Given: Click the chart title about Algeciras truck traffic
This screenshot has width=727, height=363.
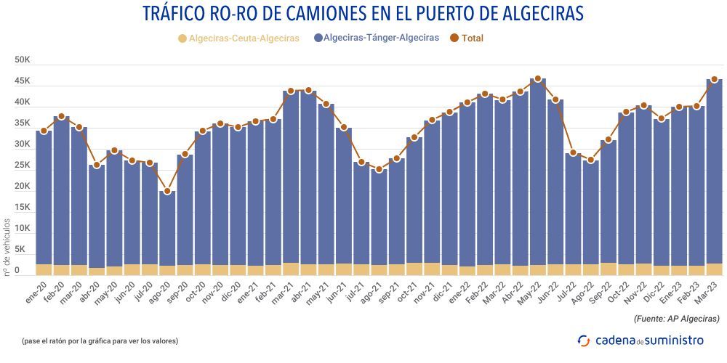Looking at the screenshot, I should pos(363,14).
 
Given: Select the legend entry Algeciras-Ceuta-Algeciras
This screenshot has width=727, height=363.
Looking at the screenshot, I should pos(238,38).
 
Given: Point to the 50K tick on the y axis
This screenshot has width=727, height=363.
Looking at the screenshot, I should pos(22,60).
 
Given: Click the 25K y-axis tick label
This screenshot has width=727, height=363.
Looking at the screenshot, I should pos(22,166).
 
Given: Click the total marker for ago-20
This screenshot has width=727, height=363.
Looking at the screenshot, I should pos(167,192).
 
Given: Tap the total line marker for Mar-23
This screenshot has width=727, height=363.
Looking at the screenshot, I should pos(714,80).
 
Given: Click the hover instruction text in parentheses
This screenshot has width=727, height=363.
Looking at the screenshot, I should pos(100,340).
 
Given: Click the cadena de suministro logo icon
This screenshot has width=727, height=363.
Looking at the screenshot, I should pos(584,340).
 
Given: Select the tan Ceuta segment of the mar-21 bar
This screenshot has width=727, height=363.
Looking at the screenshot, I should pos(291,269).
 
